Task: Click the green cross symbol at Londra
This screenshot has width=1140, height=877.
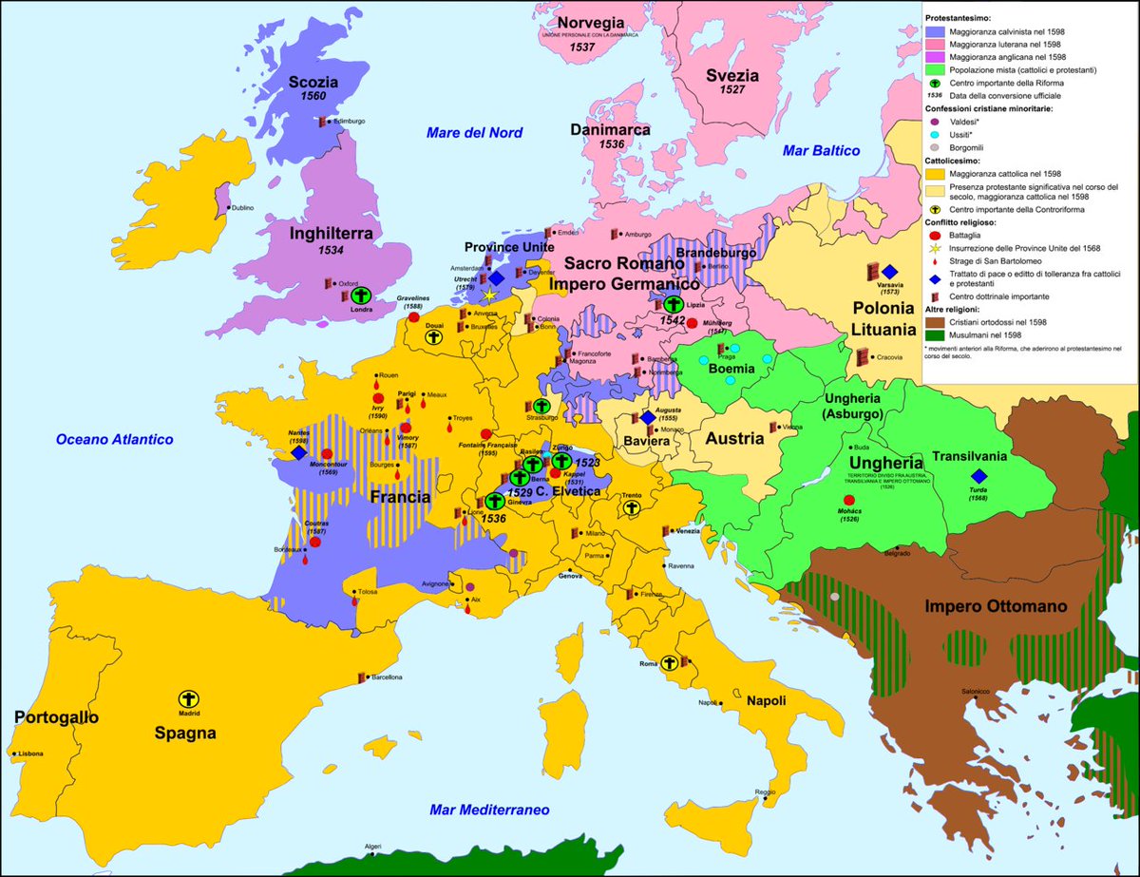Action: click(x=361, y=296)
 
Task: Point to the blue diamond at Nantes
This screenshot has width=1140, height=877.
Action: click(x=298, y=454)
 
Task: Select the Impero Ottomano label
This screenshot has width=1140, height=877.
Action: click(x=997, y=606)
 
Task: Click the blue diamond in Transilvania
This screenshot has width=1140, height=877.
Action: click(x=978, y=476)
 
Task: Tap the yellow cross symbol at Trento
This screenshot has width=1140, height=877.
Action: click(x=630, y=508)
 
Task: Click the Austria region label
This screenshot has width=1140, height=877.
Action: click(x=733, y=439)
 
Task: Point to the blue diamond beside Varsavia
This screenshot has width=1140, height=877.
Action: click(x=888, y=272)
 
